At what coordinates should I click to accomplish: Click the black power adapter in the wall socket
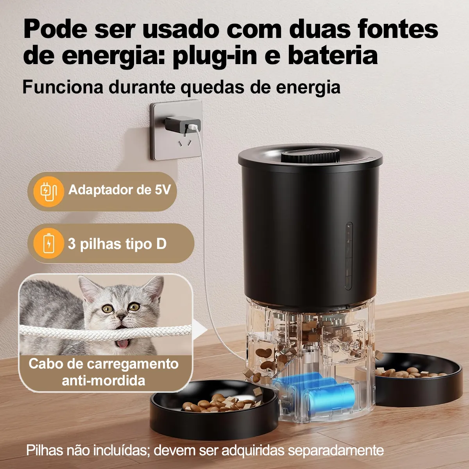click(183, 124)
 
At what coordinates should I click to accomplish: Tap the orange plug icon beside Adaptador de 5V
click(49, 191)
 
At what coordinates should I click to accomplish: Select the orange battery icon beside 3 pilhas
click(49, 243)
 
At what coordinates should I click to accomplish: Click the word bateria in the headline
click(333, 56)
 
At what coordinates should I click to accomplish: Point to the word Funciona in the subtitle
click(63, 87)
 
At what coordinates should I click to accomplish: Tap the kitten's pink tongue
click(122, 344)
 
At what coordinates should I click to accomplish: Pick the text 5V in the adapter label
click(163, 190)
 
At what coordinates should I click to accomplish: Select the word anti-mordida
click(104, 380)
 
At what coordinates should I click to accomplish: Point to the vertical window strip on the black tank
click(349, 256)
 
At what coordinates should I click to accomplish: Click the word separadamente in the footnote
click(336, 451)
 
